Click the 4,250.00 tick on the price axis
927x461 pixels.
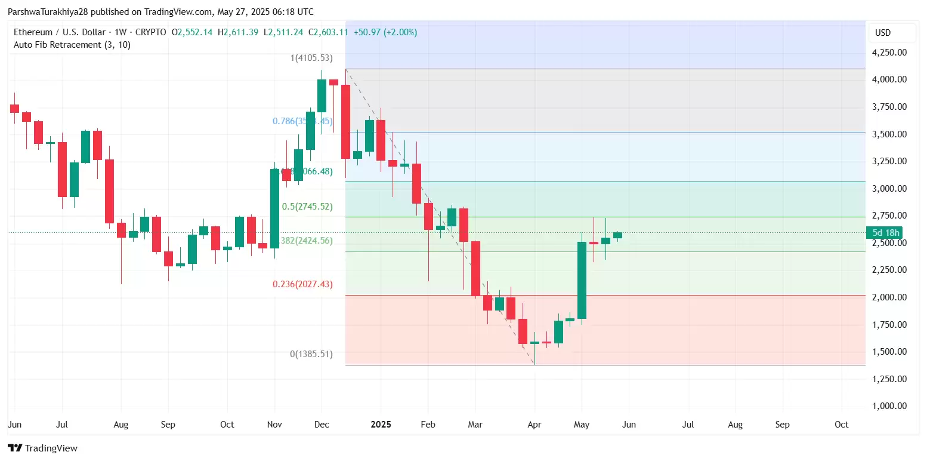click(x=889, y=53)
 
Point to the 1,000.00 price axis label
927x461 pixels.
click(x=889, y=406)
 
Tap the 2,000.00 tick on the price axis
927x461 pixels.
click(x=889, y=297)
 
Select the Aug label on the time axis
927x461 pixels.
click(x=121, y=425)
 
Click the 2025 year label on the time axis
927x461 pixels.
click(x=381, y=425)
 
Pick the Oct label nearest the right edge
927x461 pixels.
click(x=841, y=425)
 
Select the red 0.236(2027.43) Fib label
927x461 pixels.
click(x=302, y=284)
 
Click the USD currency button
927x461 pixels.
click(x=883, y=33)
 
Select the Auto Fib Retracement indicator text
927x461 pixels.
click(x=72, y=45)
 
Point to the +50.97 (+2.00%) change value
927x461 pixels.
click(x=385, y=32)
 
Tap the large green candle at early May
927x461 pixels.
click(x=582, y=280)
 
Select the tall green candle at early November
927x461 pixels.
click(x=274, y=208)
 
